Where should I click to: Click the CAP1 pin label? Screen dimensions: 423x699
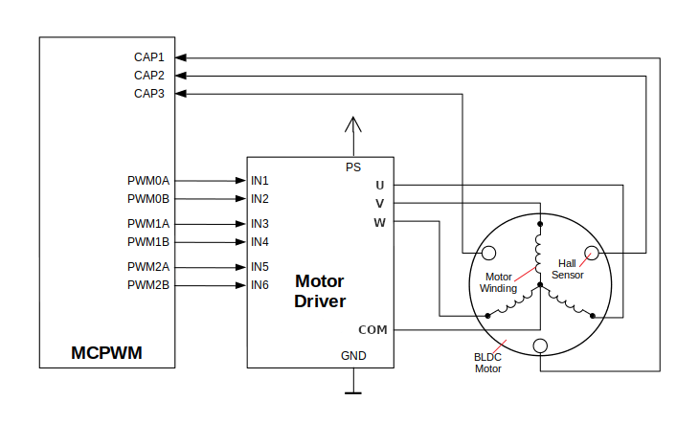pyautogui.click(x=148, y=57)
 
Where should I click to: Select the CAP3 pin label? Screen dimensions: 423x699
pyautogui.click(x=148, y=94)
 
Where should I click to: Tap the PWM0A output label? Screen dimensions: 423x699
pyautogui.click(x=147, y=180)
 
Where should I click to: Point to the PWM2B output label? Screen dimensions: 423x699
pyautogui.click(x=147, y=285)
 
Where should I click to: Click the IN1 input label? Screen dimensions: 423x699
pyautogui.click(x=259, y=180)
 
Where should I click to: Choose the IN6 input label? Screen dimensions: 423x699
pyautogui.click(x=259, y=285)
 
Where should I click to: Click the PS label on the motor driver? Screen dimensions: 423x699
pyautogui.click(x=353, y=167)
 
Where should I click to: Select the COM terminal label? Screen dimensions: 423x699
pyautogui.click(x=372, y=330)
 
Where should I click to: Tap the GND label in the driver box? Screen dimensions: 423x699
pyautogui.click(x=353, y=356)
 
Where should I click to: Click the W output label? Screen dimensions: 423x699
pyautogui.click(x=379, y=223)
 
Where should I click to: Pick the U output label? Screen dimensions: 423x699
pyautogui.click(x=380, y=185)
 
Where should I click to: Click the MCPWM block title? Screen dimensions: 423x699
pyautogui.click(x=106, y=352)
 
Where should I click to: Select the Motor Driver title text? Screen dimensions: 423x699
pyautogui.click(x=319, y=291)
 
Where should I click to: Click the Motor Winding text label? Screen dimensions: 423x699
pyautogui.click(x=498, y=282)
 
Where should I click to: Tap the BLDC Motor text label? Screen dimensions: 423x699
pyautogui.click(x=487, y=363)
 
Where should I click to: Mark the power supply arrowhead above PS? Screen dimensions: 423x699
pyautogui.click(x=353, y=123)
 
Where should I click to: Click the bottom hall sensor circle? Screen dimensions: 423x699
pyautogui.click(x=540, y=345)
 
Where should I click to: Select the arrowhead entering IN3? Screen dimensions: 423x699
pyautogui.click(x=240, y=223)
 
